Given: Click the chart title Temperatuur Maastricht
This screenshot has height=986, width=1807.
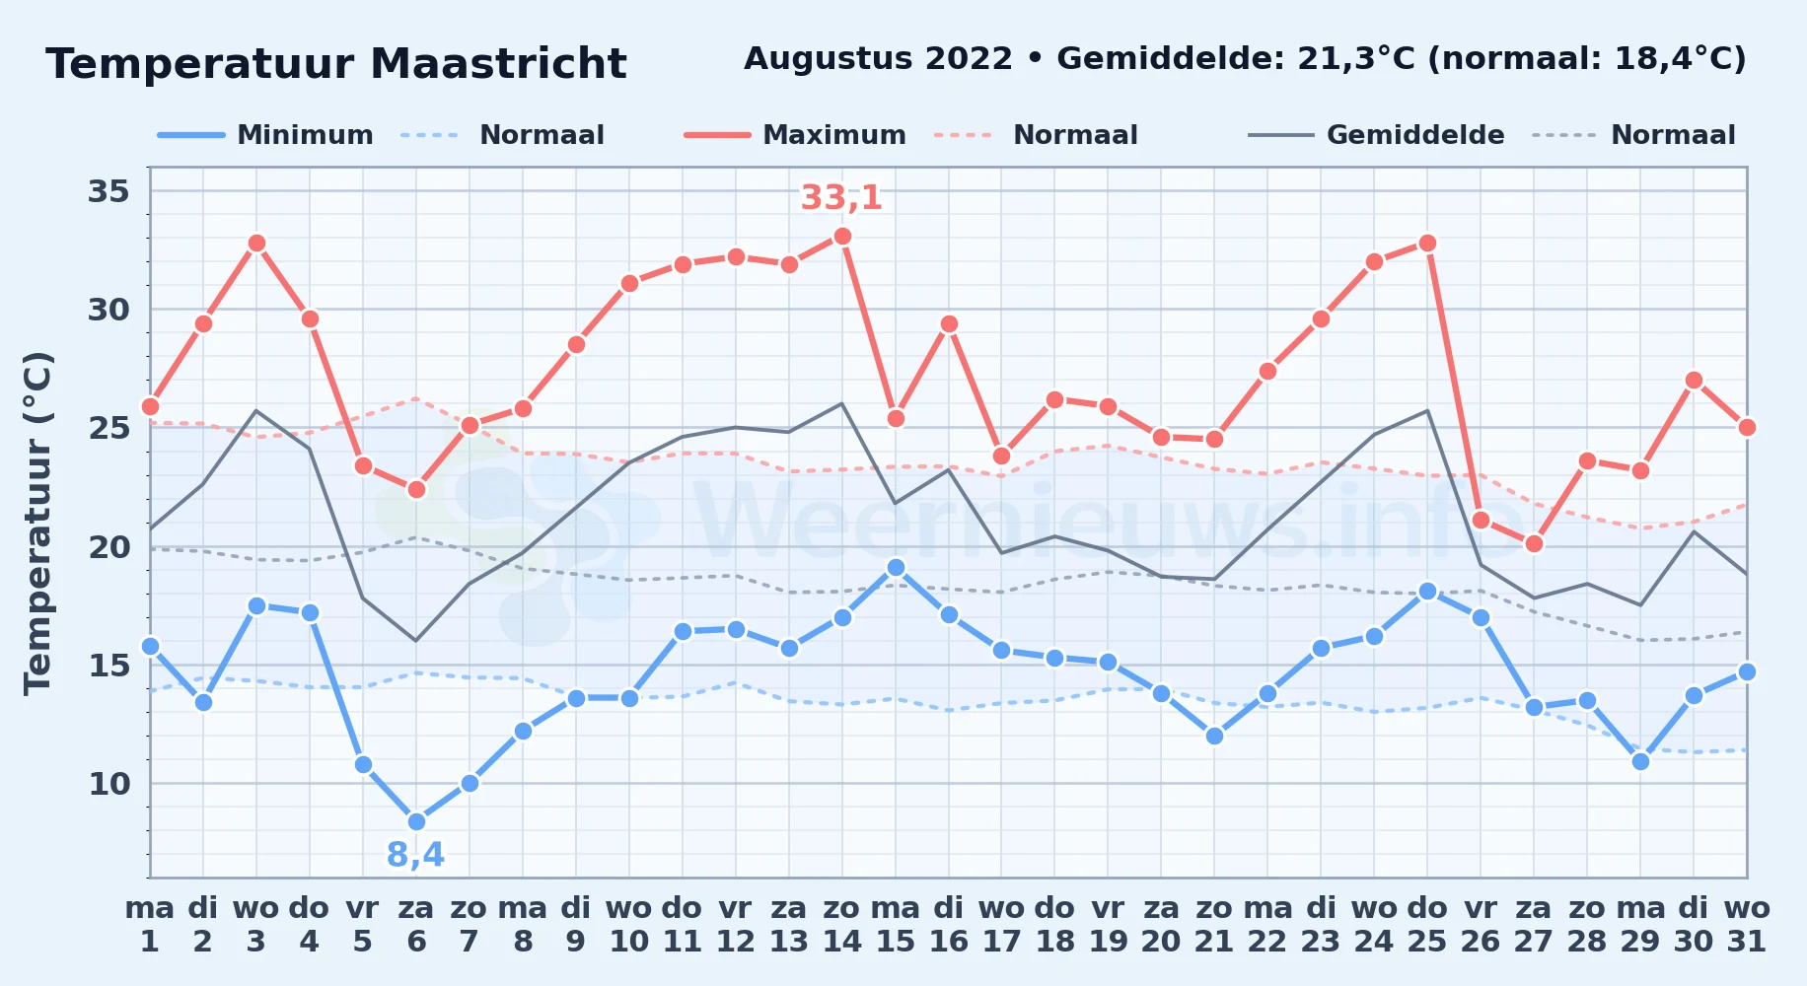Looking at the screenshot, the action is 336,64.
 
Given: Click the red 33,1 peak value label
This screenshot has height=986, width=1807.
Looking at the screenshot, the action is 841,198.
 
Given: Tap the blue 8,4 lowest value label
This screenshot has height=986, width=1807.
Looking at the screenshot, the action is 415,855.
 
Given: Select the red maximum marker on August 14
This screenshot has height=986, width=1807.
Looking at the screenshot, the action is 842,237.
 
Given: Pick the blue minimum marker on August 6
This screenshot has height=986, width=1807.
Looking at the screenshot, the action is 416,821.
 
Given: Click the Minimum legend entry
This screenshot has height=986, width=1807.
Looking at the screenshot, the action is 265,135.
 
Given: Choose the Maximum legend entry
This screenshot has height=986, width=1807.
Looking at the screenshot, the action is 795,135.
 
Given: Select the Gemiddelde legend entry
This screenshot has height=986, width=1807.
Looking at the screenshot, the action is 1377,135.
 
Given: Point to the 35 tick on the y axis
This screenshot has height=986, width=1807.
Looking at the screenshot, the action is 108,190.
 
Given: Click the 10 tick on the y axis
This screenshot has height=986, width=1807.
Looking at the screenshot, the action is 108,784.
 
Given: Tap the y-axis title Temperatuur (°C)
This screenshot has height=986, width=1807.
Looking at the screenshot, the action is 37,523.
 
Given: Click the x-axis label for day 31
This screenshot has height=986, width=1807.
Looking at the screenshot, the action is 1747,924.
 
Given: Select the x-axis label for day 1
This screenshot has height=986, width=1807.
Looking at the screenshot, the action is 150,924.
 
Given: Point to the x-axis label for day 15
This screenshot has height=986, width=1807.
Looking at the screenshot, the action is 896,924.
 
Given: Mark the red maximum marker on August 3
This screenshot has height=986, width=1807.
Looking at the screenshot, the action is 256,244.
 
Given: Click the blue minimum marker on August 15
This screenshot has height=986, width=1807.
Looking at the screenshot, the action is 896,567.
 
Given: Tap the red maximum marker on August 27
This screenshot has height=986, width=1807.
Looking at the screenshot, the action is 1534,543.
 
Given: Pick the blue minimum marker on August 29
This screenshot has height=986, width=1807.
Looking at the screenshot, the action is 1640,761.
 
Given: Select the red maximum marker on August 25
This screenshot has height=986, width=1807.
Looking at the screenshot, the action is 1427,244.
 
